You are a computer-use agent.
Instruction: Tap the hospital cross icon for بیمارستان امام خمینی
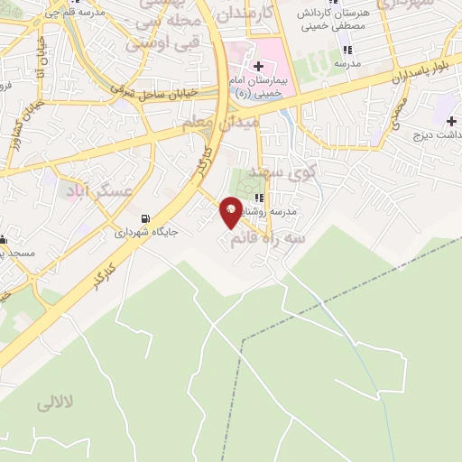(x=259, y=65)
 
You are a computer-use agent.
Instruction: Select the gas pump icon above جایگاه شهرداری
(x=145, y=218)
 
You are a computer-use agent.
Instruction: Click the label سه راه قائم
(x=269, y=236)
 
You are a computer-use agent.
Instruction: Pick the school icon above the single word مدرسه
(x=347, y=50)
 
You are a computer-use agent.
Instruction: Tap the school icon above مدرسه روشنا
(x=259, y=198)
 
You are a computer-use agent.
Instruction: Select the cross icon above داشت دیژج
(x=451, y=120)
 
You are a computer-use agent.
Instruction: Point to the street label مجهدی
(x=400, y=115)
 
